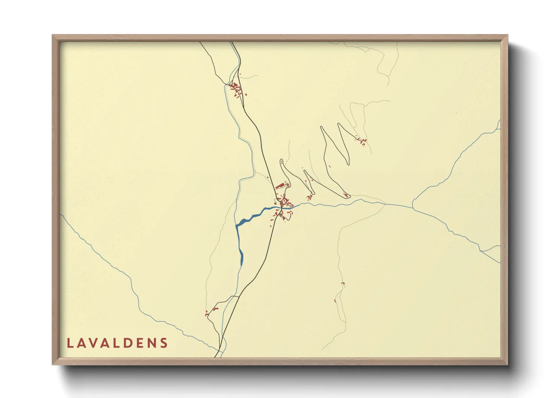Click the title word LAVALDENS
[117, 343]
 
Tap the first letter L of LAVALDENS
[70, 343]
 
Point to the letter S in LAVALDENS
[164, 343]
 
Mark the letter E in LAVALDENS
[140, 343]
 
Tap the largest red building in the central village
[279, 185]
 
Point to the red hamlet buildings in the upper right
[362, 141]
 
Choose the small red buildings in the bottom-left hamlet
[211, 311]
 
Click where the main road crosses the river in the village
[280, 206]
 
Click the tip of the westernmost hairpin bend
[281, 161]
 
